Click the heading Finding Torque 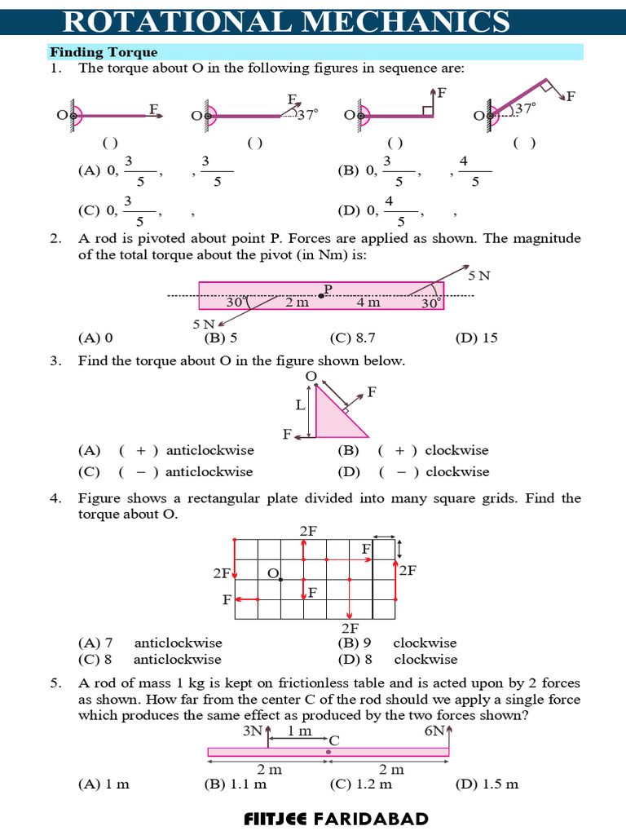tap(104, 52)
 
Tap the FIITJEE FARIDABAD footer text tap(336, 818)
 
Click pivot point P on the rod tap(322, 296)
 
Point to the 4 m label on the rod tap(368, 303)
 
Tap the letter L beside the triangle tap(299, 404)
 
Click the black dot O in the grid tap(280, 580)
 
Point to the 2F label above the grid tap(309, 530)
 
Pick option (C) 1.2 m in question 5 tap(360, 784)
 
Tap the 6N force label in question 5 tap(434, 731)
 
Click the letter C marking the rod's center tap(334, 740)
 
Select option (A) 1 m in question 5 tap(104, 784)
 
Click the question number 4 tap(55, 497)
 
